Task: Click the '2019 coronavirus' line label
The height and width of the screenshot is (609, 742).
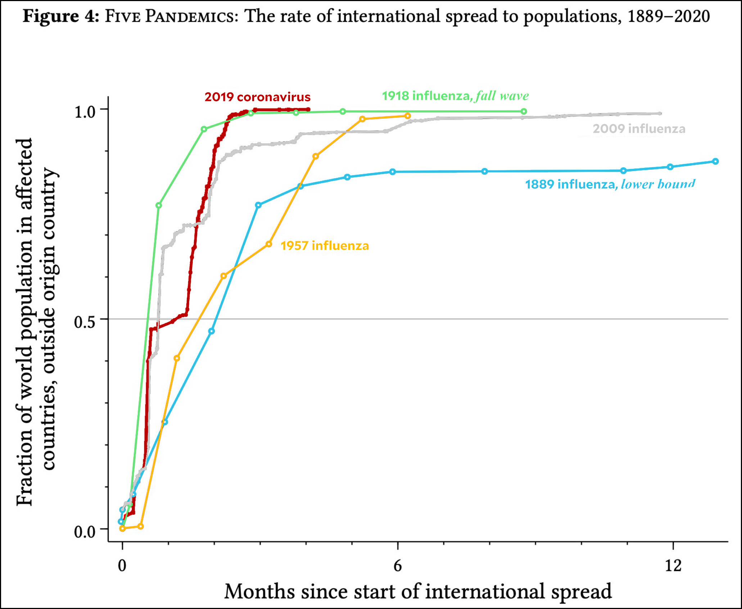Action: pos(257,97)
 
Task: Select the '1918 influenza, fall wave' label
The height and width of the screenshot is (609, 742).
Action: pos(455,96)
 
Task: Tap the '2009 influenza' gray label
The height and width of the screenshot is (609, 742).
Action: pos(639,129)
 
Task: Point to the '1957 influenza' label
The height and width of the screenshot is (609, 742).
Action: pos(325,246)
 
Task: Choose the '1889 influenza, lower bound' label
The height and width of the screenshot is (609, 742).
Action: pos(610,184)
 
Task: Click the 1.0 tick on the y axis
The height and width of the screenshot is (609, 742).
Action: pos(85,112)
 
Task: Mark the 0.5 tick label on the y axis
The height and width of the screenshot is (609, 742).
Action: pos(85,322)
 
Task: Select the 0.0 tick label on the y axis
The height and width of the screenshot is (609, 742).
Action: pos(85,531)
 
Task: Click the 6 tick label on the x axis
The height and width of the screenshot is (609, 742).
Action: pos(397,565)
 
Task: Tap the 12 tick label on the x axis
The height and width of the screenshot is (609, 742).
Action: pos(673,565)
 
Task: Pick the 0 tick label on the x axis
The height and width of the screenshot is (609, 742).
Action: pos(122,565)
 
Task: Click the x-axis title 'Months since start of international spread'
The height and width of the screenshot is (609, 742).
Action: pos(418,591)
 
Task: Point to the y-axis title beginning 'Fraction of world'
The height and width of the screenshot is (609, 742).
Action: pos(36,322)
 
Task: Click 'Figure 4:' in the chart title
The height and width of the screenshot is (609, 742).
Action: pos(61,17)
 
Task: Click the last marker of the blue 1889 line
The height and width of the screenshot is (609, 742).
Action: pos(715,161)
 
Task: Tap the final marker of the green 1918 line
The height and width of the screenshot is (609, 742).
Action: pos(524,111)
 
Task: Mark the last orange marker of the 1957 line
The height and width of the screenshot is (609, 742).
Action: pos(407,116)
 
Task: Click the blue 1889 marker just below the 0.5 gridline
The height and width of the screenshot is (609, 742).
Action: pos(212,331)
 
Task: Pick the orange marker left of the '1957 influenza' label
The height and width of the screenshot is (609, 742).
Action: pos(269,244)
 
